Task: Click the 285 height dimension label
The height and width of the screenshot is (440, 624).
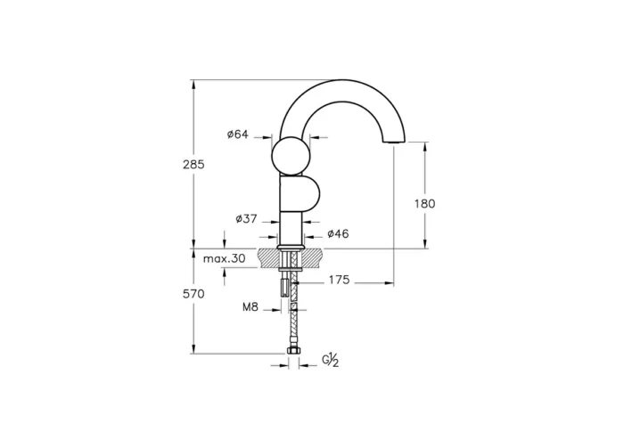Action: pos(193,165)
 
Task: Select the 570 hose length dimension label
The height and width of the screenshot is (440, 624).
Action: pos(193,293)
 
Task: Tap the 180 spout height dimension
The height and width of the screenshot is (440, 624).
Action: pos(424,203)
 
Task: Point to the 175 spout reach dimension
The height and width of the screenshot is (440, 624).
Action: pos(338,281)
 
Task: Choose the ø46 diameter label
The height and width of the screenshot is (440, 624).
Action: pos(338,233)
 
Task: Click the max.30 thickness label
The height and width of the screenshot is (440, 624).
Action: pos(224,258)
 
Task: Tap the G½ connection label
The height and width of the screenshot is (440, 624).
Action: pos(330,360)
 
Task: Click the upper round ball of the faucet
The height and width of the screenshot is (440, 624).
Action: pos(291,156)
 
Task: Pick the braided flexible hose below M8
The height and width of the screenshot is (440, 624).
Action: pos(291,330)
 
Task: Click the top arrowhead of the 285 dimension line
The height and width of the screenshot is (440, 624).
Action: pos(193,84)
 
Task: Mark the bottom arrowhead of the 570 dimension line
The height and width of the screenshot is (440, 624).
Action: pos(193,351)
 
